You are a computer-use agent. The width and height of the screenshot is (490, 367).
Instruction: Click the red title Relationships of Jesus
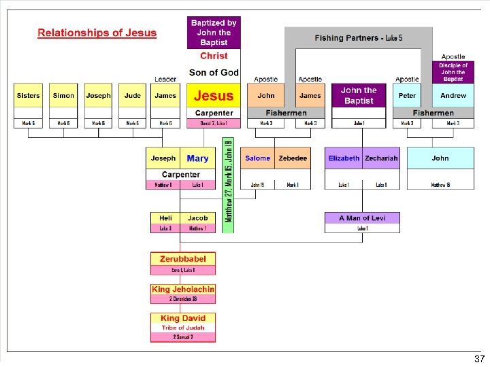tap(97, 33)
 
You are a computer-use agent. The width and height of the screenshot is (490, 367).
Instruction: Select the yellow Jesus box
tap(214, 96)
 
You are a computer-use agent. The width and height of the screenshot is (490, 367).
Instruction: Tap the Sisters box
tap(29, 96)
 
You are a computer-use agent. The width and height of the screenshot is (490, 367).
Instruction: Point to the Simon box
tap(64, 96)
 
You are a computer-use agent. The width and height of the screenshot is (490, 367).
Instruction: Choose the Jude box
tap(133, 96)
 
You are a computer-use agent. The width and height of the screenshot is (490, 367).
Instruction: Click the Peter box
tap(407, 96)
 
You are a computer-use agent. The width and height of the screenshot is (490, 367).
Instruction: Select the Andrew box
tap(453, 96)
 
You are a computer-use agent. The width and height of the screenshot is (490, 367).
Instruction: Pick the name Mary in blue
tap(197, 158)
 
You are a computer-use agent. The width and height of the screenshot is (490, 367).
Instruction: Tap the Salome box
tap(258, 158)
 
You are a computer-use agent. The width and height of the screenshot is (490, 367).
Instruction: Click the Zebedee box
tap(293, 158)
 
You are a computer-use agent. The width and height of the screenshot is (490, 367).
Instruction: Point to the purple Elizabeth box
tap(344, 158)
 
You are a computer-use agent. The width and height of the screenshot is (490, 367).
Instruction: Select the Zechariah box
tap(381, 158)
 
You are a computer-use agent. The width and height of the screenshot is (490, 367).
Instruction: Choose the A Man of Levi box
tap(362, 218)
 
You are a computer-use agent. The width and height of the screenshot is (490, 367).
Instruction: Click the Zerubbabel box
tap(183, 259)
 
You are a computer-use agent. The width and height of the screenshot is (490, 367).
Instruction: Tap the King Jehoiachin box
tap(183, 290)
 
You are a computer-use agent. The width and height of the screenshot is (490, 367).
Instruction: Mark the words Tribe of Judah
tap(183, 328)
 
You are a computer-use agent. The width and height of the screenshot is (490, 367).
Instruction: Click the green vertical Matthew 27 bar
tap(229, 183)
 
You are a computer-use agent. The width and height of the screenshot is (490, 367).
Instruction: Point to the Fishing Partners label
tap(358, 38)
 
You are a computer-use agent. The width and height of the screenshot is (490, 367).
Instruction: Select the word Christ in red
tap(214, 56)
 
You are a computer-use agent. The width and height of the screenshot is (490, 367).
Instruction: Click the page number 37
tap(479, 359)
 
